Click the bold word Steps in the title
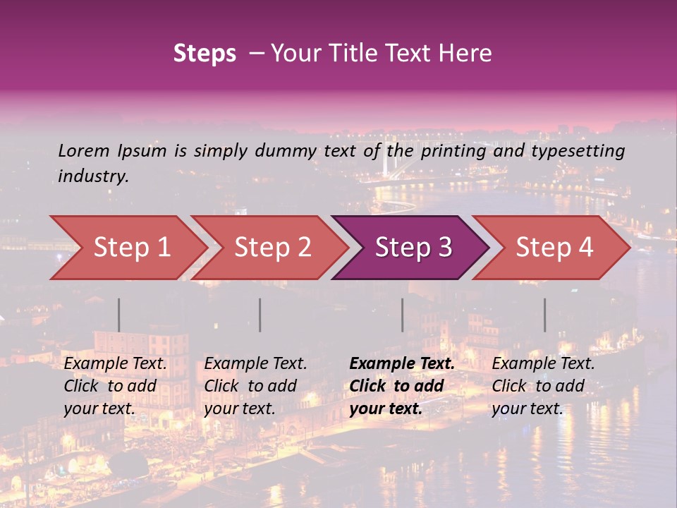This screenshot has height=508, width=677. click(x=205, y=54)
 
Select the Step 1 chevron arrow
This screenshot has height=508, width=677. click(x=127, y=248)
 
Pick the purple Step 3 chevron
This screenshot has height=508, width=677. click(x=412, y=248)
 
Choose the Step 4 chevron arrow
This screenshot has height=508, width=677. click(x=553, y=248)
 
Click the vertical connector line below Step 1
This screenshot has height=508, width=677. click(x=119, y=315)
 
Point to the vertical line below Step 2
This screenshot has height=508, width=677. click(x=260, y=315)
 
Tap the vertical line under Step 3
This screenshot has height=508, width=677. click(x=403, y=315)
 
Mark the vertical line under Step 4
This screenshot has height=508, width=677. click(x=545, y=315)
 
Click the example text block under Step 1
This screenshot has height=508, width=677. click(x=115, y=386)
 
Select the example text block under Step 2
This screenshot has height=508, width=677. click(x=255, y=386)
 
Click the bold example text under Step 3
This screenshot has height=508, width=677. click(x=402, y=386)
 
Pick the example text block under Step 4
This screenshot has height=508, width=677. click(x=543, y=386)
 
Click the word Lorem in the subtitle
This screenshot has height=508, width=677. click(x=83, y=151)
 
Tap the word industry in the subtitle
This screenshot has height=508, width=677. click(x=93, y=176)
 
